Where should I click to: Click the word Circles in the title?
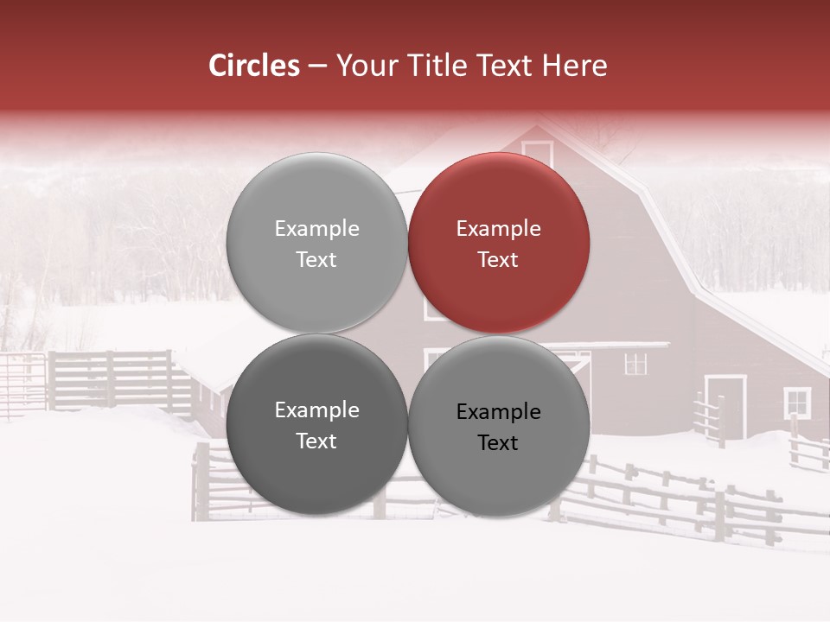254,66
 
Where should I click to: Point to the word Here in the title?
576,66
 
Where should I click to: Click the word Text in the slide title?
507,66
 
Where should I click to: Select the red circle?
499,243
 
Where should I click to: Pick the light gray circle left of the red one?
316,243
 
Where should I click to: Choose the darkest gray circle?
316,424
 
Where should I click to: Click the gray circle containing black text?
499,426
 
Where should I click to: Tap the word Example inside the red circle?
498,229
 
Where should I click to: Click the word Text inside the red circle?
498,260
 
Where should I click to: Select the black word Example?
498,412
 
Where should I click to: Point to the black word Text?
498,443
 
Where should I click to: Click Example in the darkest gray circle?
316,410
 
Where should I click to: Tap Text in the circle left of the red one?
316,260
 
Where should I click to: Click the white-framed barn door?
725,406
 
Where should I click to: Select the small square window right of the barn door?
796,402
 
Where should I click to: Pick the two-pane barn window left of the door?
635,364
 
